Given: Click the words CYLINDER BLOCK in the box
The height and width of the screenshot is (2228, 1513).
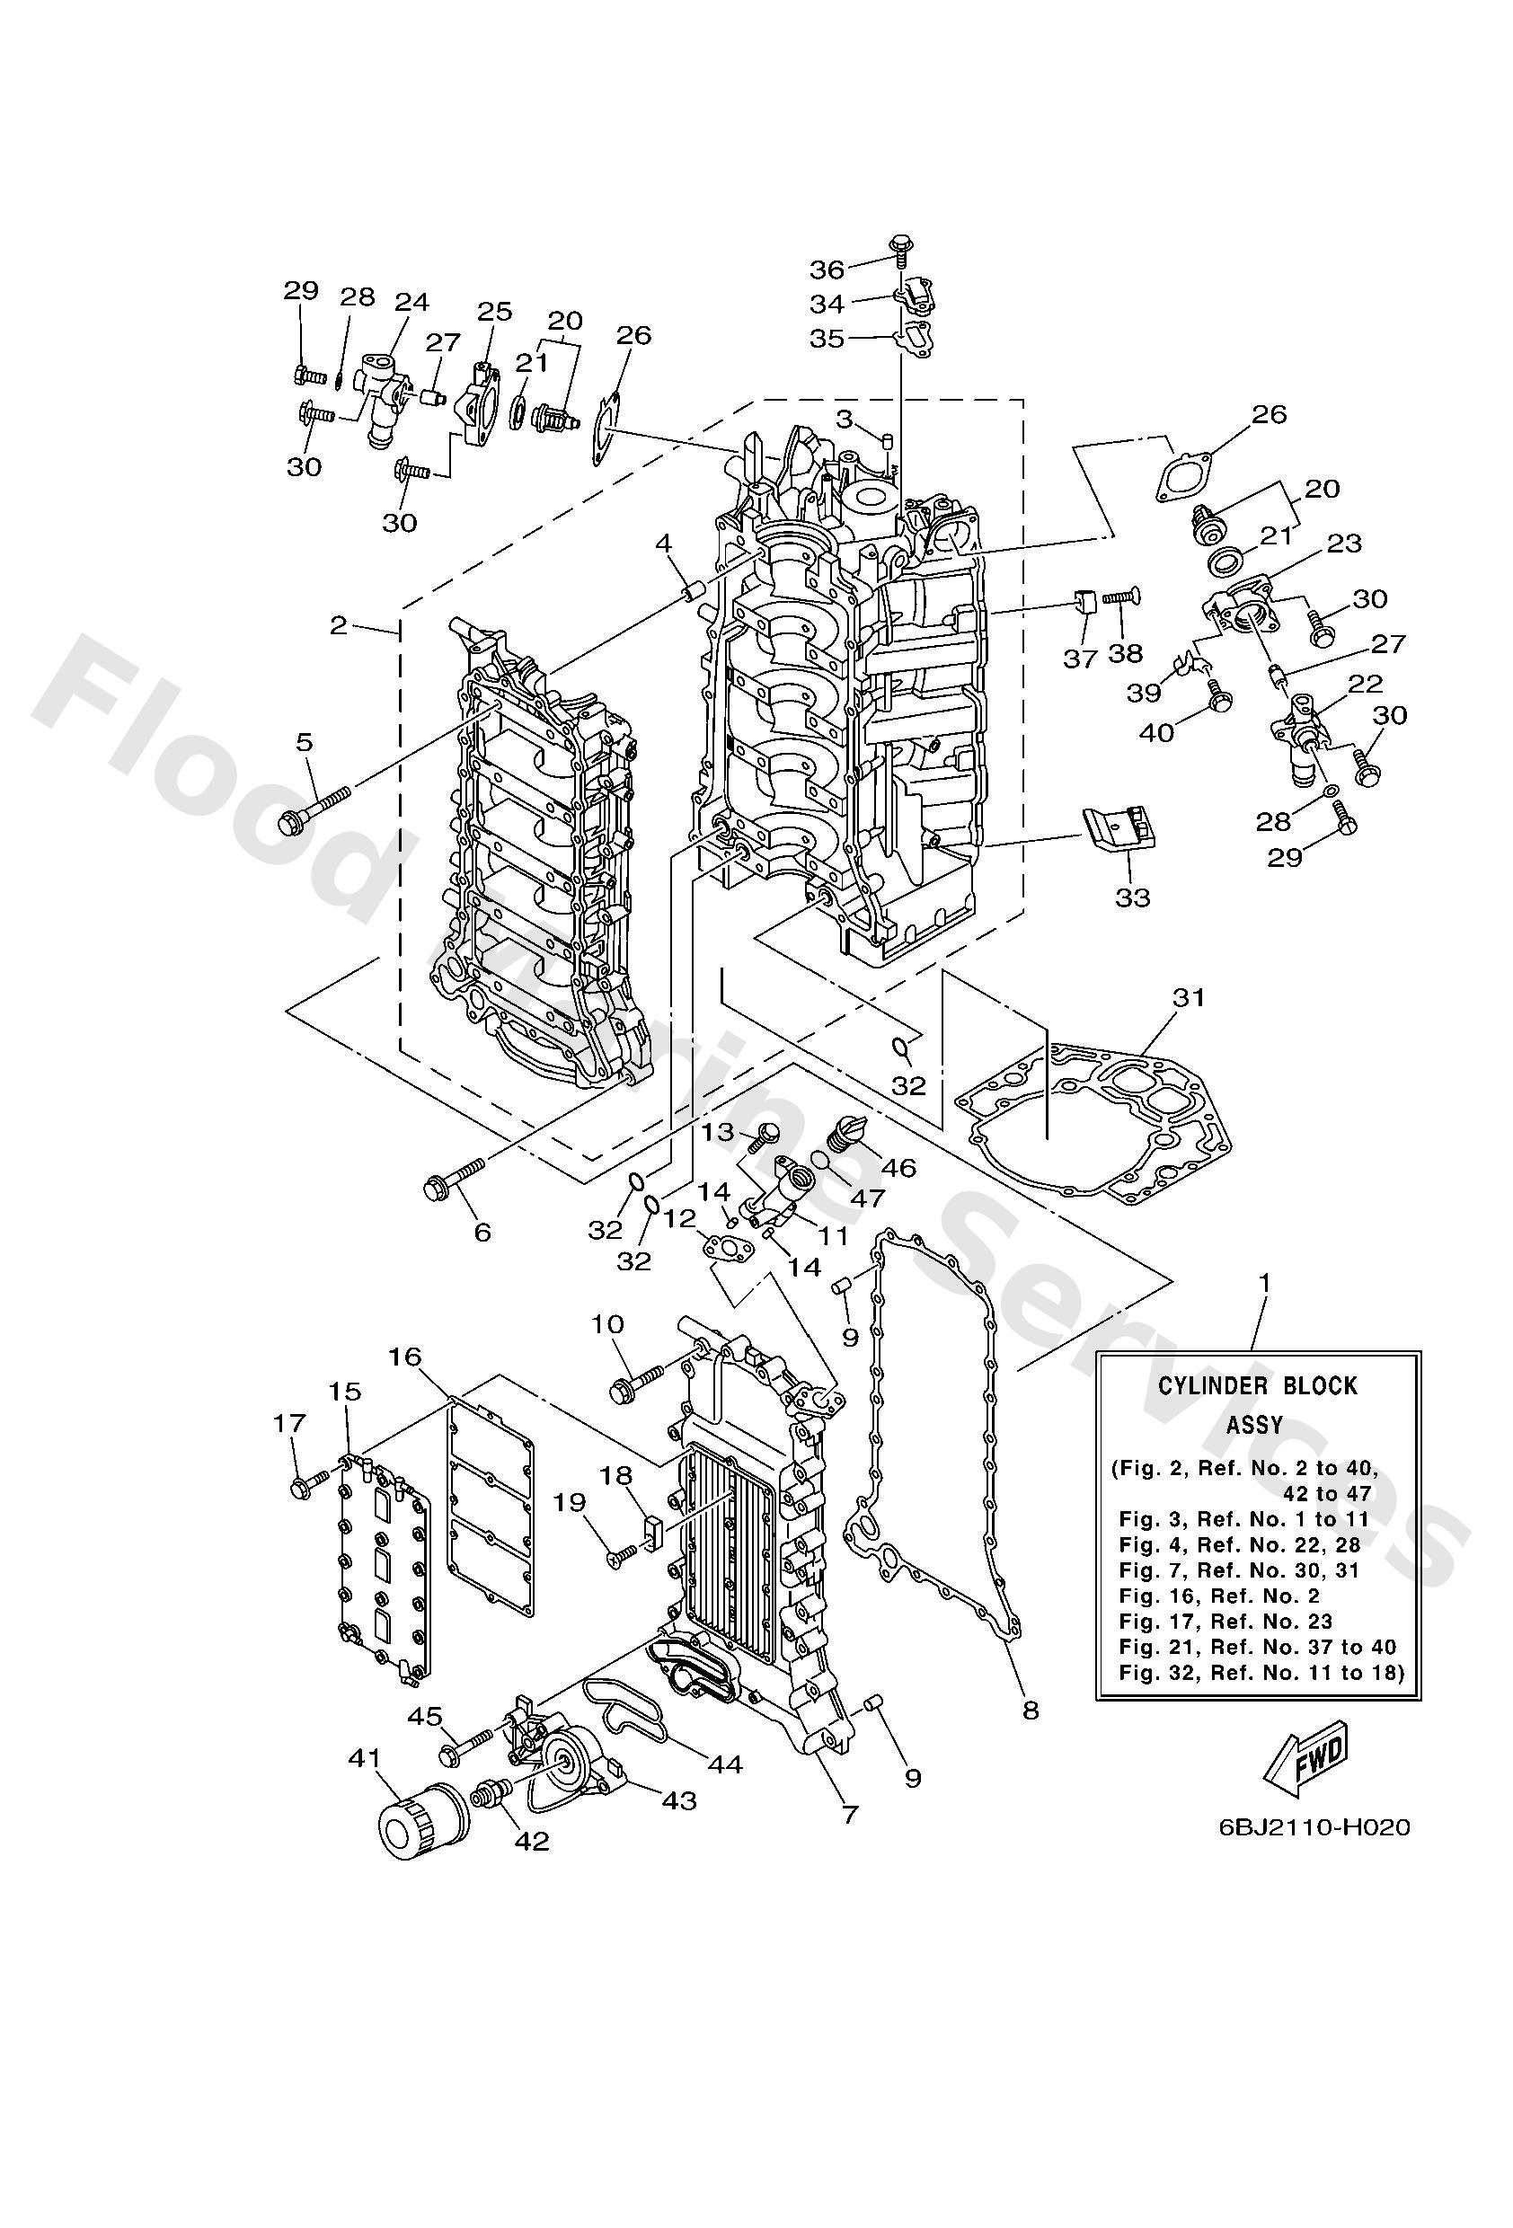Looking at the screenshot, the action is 1258,1386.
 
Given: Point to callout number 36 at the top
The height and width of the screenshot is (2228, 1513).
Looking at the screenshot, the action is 827,269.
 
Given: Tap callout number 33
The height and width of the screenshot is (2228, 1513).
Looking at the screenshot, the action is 1132,898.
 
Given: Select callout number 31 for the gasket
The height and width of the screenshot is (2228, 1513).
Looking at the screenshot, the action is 1188,997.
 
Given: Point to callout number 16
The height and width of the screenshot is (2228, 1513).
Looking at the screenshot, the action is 404,1356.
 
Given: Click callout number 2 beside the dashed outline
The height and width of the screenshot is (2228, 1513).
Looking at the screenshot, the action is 339,626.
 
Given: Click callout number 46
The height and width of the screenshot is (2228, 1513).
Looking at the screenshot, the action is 899,1167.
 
